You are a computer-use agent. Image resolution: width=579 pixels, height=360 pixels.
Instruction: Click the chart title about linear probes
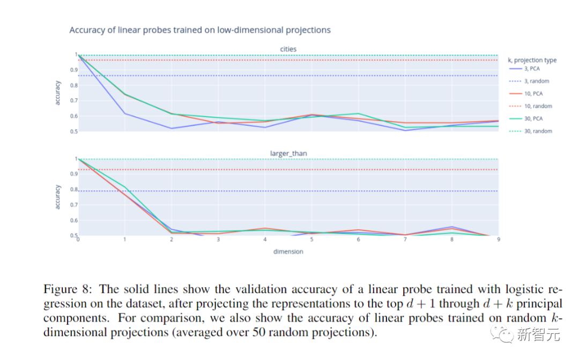coord(200,30)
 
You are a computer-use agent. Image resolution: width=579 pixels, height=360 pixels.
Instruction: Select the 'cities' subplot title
coord(288,49)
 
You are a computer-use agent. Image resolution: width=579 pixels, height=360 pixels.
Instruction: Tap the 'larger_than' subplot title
coord(288,153)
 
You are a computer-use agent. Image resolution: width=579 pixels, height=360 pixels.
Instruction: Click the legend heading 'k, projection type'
coord(532,60)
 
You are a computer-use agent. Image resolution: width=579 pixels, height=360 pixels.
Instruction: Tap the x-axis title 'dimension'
coord(288,251)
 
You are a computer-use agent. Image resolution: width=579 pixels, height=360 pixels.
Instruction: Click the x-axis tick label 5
coord(311,239)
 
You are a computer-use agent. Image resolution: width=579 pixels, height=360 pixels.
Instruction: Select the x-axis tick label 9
coord(498,239)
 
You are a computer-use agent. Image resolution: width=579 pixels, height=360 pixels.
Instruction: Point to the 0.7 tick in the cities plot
coord(73,101)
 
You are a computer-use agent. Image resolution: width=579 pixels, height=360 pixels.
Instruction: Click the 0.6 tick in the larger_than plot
coord(73,220)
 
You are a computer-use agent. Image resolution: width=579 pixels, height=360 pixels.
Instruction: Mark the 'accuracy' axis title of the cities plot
coord(57,93)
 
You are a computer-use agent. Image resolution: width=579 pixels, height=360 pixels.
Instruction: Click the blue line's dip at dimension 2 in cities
coord(172,128)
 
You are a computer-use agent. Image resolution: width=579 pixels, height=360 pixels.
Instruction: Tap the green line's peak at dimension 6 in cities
coord(358,114)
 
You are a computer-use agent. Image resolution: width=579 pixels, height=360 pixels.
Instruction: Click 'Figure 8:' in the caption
coord(69,290)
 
